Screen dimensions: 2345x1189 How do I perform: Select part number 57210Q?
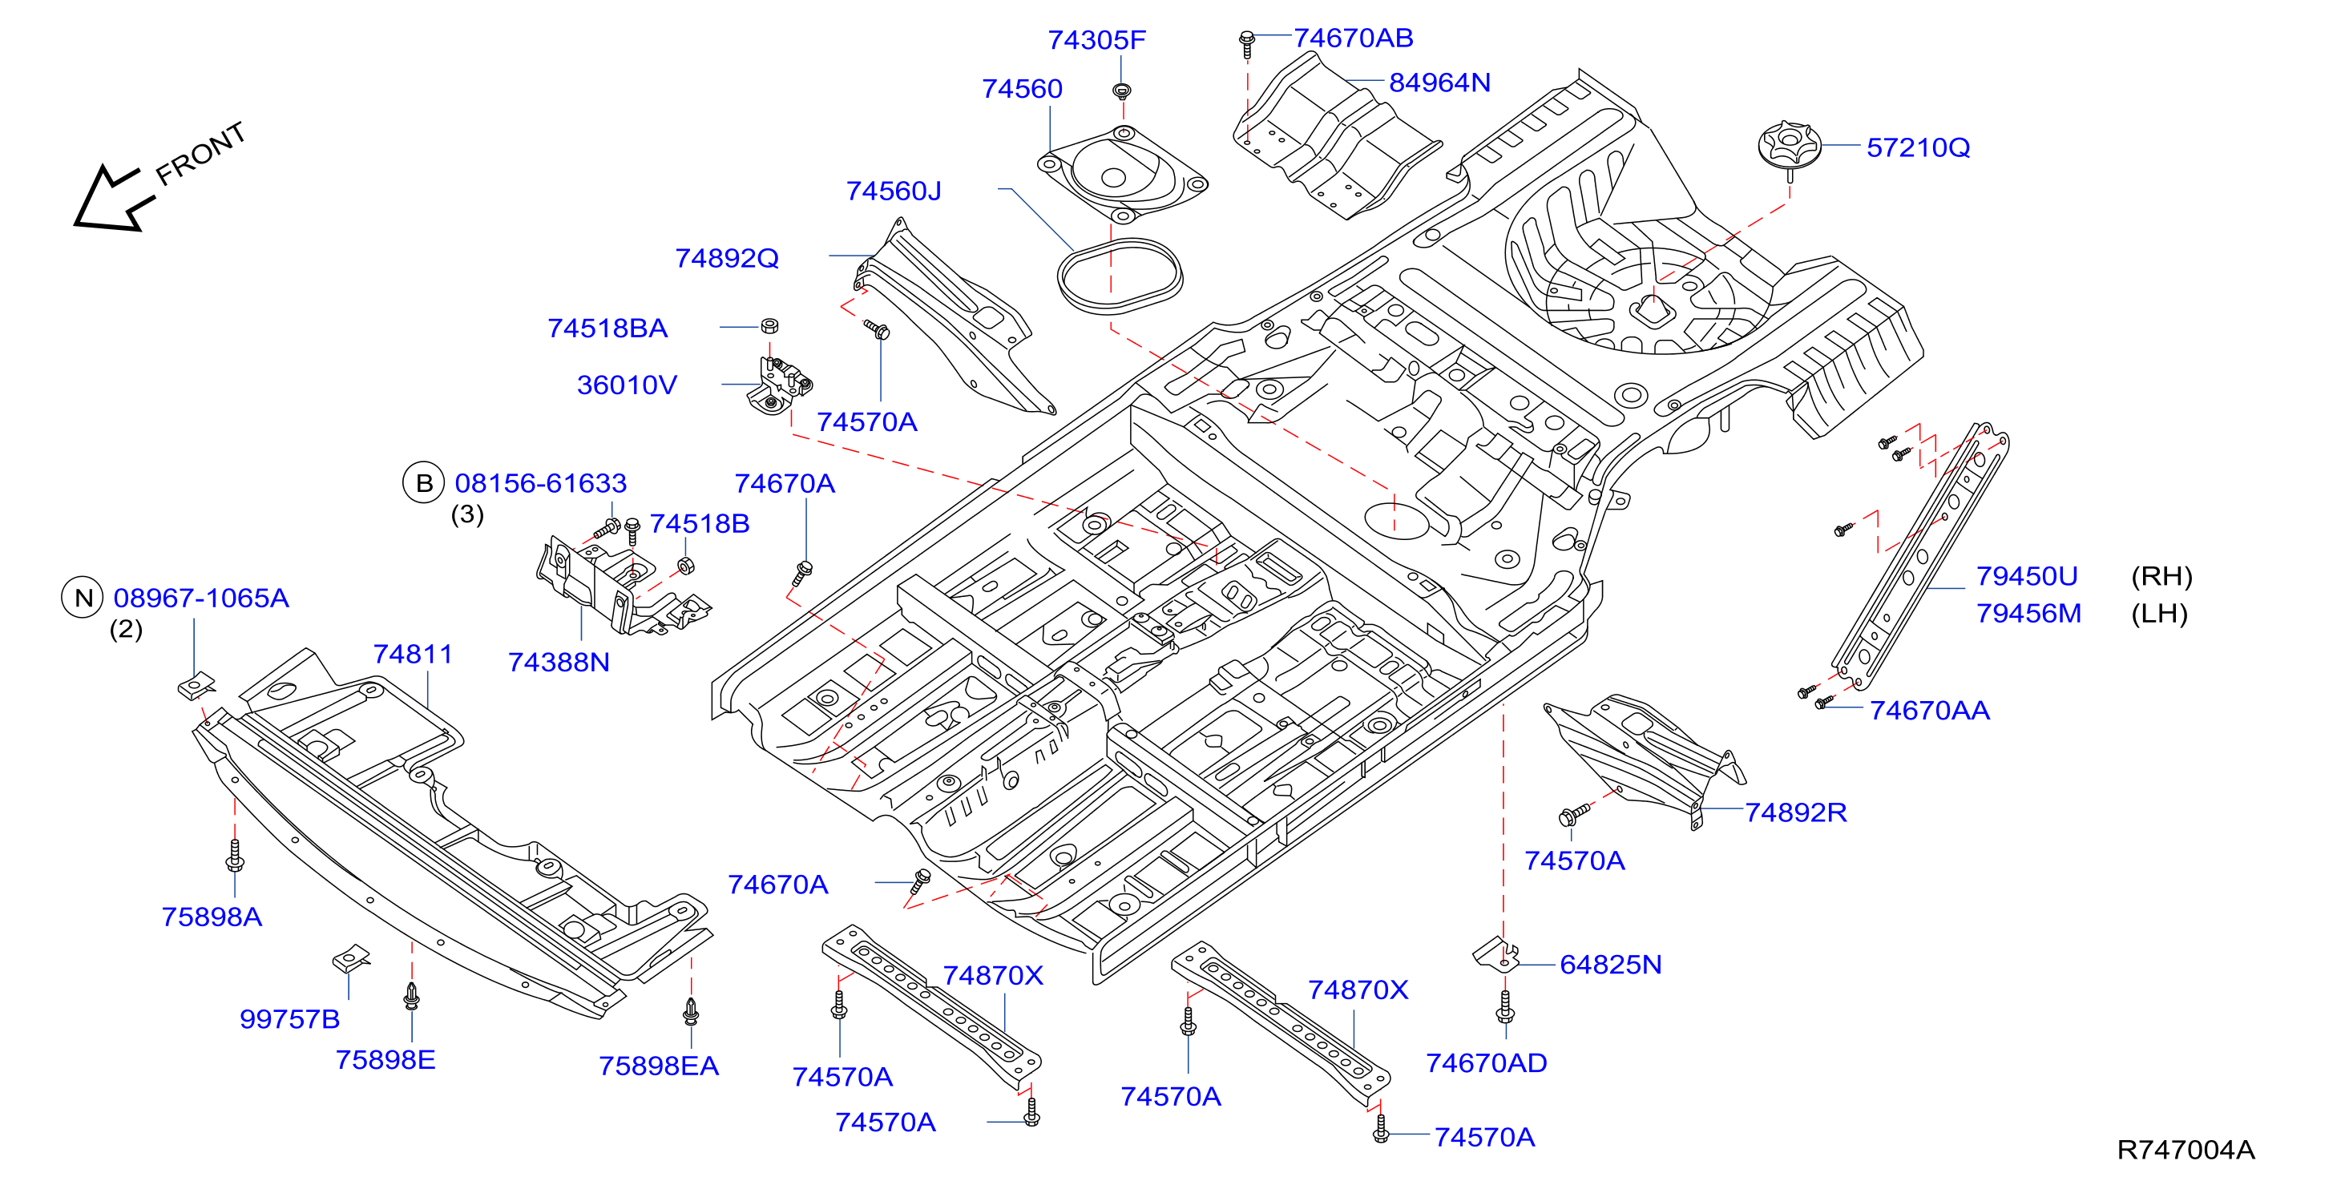click(1918, 147)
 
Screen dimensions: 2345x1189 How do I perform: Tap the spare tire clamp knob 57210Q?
click(1789, 147)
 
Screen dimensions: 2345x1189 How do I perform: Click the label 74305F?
click(1096, 40)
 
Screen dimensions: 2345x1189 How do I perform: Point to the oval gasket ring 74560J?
click(1120, 276)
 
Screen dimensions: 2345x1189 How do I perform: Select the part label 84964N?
click(1439, 83)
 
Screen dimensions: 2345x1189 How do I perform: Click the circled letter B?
click(423, 482)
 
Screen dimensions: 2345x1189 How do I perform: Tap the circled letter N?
click(83, 599)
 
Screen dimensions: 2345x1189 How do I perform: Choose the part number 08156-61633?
click(541, 483)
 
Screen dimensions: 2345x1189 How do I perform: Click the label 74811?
click(413, 654)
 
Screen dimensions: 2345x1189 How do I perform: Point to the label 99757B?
click(289, 1019)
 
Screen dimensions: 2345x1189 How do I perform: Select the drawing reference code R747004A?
click(2186, 1150)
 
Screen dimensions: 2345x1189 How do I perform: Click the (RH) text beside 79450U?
click(2161, 576)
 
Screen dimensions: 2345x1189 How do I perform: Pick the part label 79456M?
click(2028, 614)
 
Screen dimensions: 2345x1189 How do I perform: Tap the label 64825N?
click(1610, 964)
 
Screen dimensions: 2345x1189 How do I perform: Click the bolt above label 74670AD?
click(1506, 1006)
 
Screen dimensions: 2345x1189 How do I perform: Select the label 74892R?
click(1795, 812)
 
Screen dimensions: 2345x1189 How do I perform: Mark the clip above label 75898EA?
click(691, 1010)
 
